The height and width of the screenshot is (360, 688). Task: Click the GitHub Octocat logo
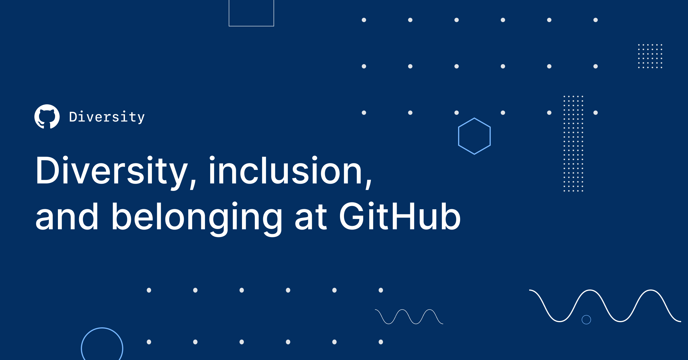(x=47, y=117)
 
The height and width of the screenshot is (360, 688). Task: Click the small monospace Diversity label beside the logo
(x=107, y=117)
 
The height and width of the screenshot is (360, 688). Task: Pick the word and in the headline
(x=67, y=217)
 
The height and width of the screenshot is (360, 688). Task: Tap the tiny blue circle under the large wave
(x=586, y=320)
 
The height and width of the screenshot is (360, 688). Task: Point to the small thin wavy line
(x=409, y=317)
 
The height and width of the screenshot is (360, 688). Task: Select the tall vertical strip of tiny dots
(x=573, y=143)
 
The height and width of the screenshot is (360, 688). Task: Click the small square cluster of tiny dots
(x=650, y=56)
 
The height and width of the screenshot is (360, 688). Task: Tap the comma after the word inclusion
(x=368, y=183)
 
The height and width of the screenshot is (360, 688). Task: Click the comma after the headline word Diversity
(x=193, y=183)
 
